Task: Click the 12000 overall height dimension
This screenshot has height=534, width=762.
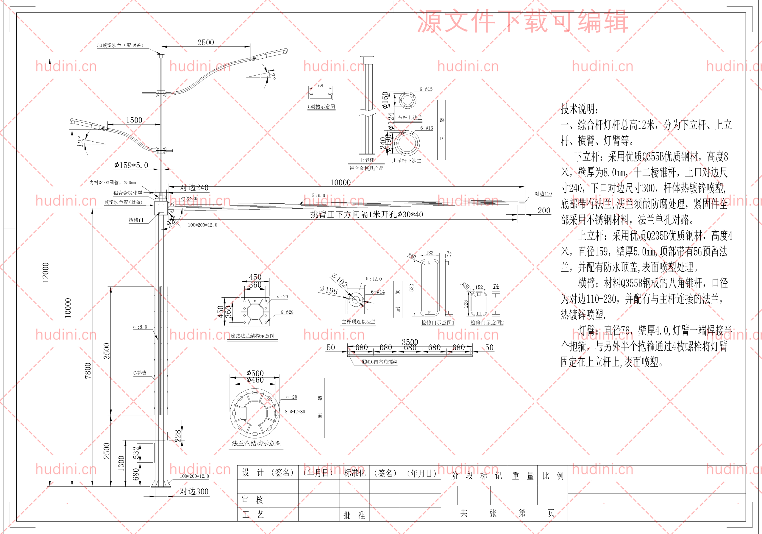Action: coord(46,272)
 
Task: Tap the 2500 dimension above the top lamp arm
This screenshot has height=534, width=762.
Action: coord(206,43)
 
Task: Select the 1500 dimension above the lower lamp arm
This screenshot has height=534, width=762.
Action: coord(134,120)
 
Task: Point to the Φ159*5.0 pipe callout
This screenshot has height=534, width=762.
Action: coord(131,165)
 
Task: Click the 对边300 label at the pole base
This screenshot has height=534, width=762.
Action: coord(194,491)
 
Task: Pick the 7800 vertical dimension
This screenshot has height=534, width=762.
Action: coord(88,370)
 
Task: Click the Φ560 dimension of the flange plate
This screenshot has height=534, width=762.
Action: coord(255,373)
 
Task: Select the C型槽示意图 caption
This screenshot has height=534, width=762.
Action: coord(321,107)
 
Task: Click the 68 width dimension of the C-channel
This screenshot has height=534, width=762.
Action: coord(321,86)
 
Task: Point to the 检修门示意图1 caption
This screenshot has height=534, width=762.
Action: coord(438,323)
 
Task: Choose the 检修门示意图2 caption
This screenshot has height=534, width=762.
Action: coord(487,323)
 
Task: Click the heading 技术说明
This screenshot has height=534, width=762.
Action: coord(580,109)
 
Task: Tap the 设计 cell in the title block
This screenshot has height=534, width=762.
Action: coord(253,473)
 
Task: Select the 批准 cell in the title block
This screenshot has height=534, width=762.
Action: coord(354,515)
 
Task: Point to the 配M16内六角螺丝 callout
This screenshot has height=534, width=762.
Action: coord(379,362)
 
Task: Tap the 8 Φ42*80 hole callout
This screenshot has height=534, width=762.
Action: coord(295,412)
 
